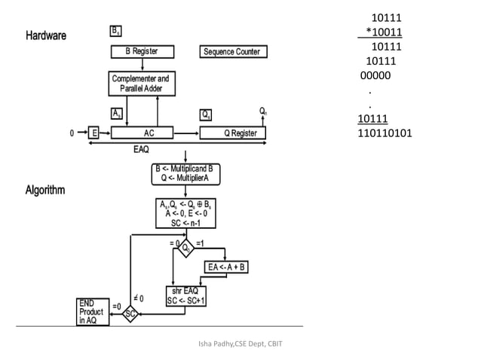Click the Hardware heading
[x=46, y=35]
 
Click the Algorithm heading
[x=47, y=190]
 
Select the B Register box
[x=142, y=52]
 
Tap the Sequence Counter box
[x=233, y=52]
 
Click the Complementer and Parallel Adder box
[x=142, y=84]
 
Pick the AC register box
[x=149, y=133]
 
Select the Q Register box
[x=233, y=133]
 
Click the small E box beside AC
[x=94, y=133]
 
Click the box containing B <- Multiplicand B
[x=185, y=173]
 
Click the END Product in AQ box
[x=92, y=311]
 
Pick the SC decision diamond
[x=130, y=313]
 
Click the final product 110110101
[x=385, y=133]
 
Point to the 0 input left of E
[x=72, y=133]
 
